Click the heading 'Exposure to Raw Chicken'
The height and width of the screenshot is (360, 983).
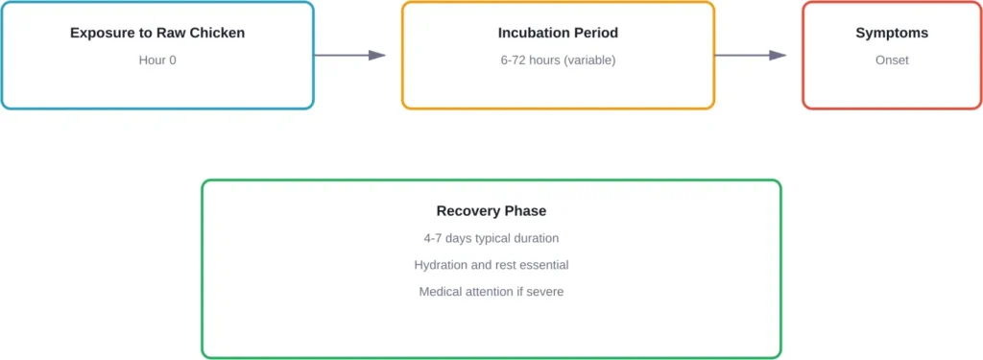pyautogui.click(x=157, y=33)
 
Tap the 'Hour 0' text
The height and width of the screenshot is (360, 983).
pyautogui.click(x=157, y=60)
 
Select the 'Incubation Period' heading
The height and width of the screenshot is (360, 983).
pyautogui.click(x=558, y=33)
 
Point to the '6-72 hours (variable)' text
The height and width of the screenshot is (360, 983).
pyautogui.click(x=558, y=60)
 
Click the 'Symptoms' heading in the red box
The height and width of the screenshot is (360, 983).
pyautogui.click(x=892, y=33)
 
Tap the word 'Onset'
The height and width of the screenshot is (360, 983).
pyautogui.click(x=892, y=60)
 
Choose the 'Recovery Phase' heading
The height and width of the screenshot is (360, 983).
pyautogui.click(x=491, y=211)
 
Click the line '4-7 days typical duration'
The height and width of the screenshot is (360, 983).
pyautogui.click(x=491, y=238)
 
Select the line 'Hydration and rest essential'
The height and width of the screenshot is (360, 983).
pyautogui.click(x=491, y=265)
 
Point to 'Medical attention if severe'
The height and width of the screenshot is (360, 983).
pyautogui.click(x=491, y=291)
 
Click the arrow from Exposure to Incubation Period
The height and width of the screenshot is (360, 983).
pyautogui.click(x=349, y=56)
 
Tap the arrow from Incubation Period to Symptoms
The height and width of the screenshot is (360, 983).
pyautogui.click(x=750, y=56)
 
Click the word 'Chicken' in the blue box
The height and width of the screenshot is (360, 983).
pyautogui.click(x=218, y=33)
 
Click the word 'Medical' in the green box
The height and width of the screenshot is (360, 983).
pyautogui.click(x=441, y=291)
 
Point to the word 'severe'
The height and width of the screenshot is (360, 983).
pyautogui.click(x=543, y=291)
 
